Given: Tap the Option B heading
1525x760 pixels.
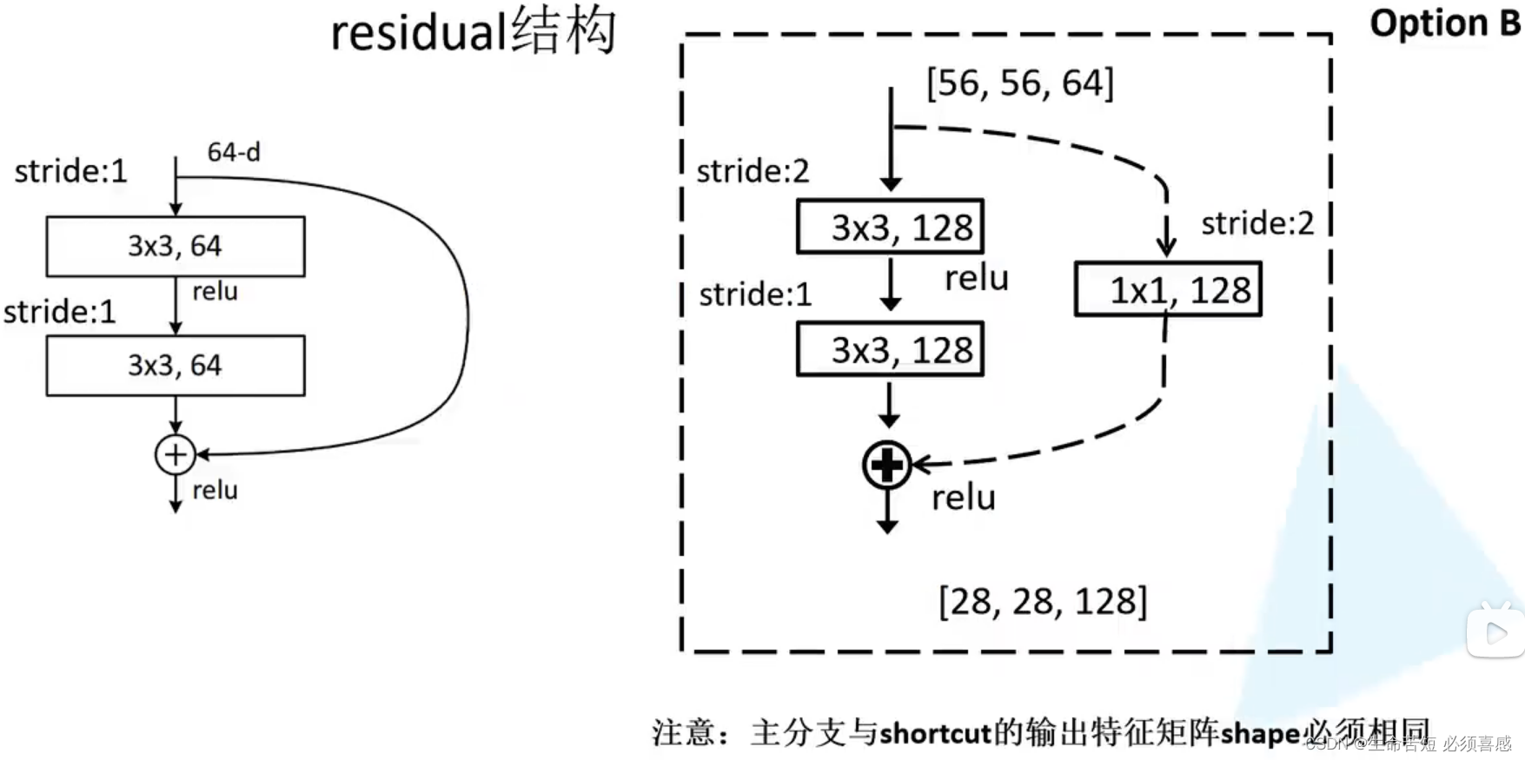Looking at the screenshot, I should point(1444,23).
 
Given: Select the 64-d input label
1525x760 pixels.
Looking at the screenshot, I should point(234,152).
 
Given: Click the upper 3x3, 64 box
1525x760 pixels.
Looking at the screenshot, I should point(176,247).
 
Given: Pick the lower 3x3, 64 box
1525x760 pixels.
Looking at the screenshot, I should point(176,366).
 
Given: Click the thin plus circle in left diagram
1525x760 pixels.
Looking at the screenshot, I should point(176,454).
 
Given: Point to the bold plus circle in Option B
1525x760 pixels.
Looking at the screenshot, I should point(887,466).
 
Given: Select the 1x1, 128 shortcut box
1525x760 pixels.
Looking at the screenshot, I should point(1168,289).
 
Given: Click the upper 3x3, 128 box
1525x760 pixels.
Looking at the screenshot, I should point(891,228).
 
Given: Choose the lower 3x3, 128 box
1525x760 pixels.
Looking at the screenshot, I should point(891,350).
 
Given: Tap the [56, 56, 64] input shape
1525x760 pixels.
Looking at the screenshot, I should point(1020,83).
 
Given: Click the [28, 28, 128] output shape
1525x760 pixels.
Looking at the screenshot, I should point(1043,601).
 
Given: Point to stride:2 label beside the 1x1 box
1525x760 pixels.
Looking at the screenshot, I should point(1257,224).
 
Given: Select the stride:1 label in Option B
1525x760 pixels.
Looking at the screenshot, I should point(755,294).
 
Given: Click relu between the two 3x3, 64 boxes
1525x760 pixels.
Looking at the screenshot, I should point(215,291).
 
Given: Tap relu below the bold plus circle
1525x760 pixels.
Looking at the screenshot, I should point(964,498).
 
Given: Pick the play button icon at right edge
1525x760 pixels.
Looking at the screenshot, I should point(1495,631).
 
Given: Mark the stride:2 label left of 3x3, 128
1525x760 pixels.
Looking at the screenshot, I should point(753,171).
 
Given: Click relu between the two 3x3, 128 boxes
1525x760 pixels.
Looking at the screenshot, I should point(977,278).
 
